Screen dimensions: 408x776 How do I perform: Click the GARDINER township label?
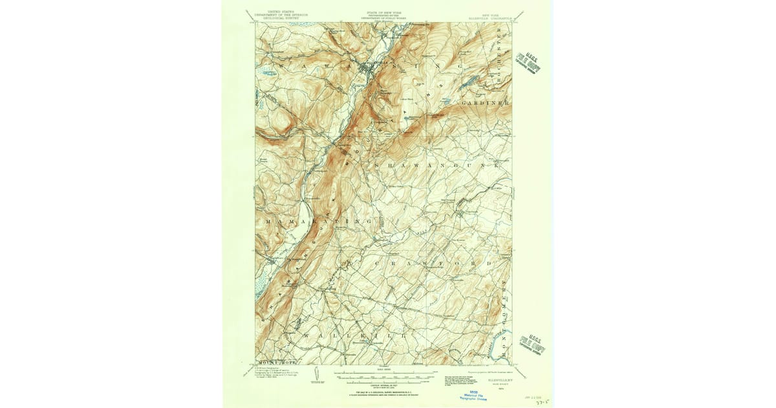coord(486,103)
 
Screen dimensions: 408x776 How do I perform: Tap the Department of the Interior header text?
coord(278,15)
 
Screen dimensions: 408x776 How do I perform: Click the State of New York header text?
coord(385,15)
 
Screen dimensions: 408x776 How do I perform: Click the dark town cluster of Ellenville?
coord(373,69)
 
